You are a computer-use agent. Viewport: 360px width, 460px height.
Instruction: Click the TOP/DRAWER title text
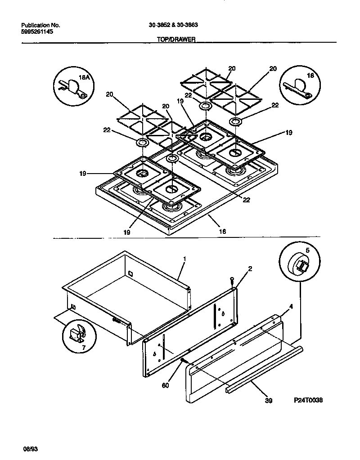pyautogui.click(x=175, y=40)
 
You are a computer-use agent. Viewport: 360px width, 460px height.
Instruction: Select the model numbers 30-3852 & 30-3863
pyautogui.click(x=173, y=25)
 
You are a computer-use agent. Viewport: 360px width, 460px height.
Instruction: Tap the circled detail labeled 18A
pyautogui.click(x=73, y=85)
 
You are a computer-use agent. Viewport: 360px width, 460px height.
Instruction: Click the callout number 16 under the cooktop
pyautogui.click(x=222, y=232)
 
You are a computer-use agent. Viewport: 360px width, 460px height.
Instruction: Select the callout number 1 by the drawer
pyautogui.click(x=184, y=259)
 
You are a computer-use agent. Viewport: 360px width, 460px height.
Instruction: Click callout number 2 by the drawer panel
pyautogui.click(x=250, y=269)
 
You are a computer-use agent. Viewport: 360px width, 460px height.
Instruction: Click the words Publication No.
pyautogui.click(x=40, y=25)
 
